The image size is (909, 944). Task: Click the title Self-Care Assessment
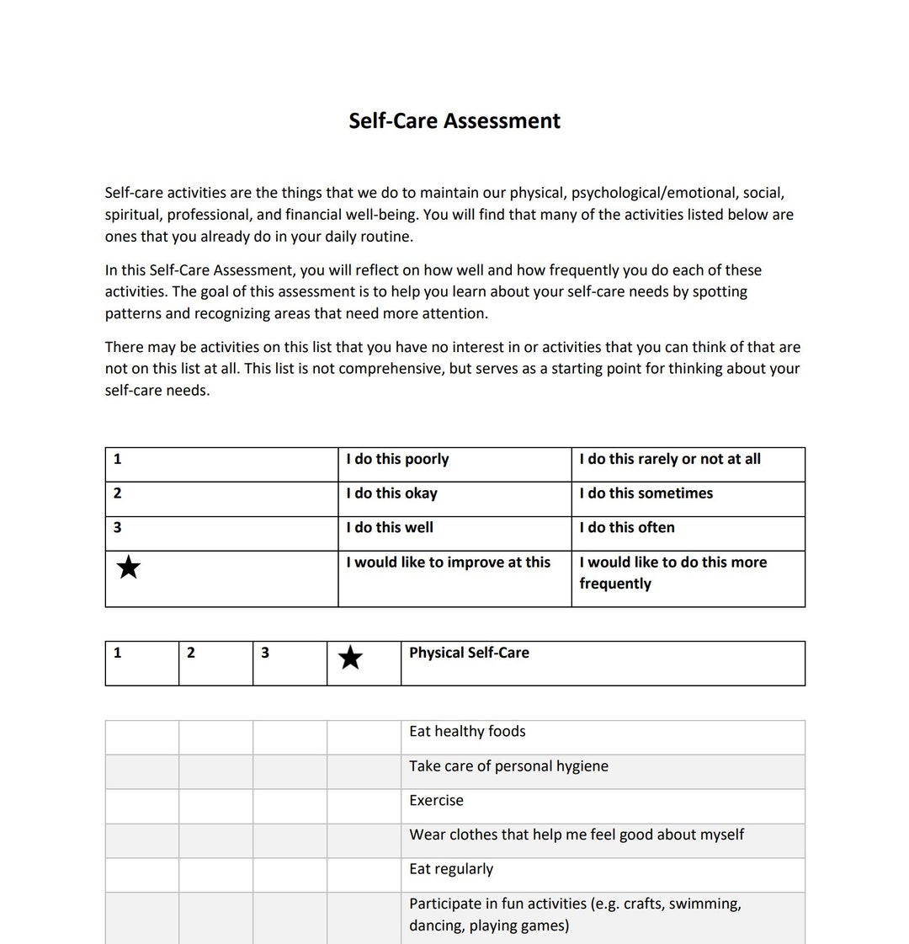click(454, 120)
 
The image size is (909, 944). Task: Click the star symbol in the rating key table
click(129, 568)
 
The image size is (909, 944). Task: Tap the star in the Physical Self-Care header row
click(350, 658)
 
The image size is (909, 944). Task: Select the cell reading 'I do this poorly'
click(397, 459)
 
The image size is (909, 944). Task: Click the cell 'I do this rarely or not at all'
click(670, 459)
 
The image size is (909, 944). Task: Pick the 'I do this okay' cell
click(391, 493)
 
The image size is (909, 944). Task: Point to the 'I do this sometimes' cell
click(646, 493)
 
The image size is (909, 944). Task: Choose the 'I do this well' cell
click(390, 528)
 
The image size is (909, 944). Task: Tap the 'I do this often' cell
click(627, 528)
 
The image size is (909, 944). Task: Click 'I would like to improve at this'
click(449, 563)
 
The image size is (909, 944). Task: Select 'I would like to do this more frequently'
click(672, 573)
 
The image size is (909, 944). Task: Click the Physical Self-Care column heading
click(469, 653)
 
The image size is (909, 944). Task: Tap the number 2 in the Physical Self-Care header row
click(191, 653)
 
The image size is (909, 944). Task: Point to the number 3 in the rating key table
click(117, 528)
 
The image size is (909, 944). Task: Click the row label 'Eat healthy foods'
click(467, 732)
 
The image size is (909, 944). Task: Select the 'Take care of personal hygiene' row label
click(508, 766)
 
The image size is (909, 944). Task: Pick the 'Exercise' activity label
click(436, 801)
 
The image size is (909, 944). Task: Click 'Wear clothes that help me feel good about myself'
click(577, 835)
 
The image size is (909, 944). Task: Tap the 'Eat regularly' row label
click(451, 870)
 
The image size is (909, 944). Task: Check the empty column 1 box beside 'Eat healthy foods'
click(141, 738)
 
